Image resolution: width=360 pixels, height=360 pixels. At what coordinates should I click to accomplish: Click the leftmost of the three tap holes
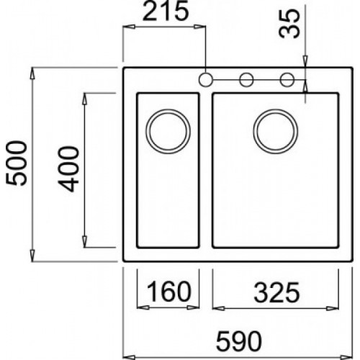point(205,78)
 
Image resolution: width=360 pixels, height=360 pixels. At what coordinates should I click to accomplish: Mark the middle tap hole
point(246,78)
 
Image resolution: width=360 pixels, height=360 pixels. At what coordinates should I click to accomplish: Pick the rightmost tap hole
point(287,78)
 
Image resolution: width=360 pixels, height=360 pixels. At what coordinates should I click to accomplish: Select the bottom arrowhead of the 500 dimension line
point(35,259)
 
